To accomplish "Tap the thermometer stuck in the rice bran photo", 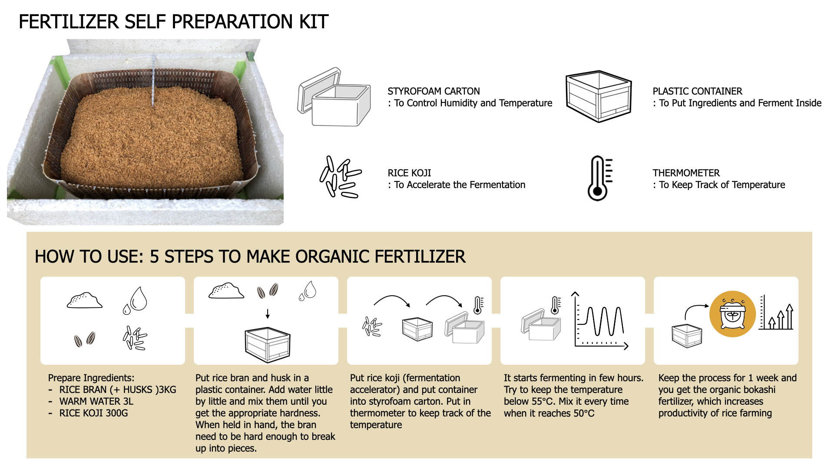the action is coord(153,80).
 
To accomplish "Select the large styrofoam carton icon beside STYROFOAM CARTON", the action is coord(334,97).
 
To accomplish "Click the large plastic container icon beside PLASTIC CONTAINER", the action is coord(599,96).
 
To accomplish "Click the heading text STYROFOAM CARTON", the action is coord(434,91).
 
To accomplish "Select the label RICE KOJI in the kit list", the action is coord(409,173).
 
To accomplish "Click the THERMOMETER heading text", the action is coord(686,173).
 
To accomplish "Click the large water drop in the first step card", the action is coord(139,298).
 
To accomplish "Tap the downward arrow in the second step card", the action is coord(268,314).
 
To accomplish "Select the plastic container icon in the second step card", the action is coord(267,345).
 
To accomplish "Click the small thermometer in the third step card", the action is coord(478,305).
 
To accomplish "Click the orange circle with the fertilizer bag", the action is coord(732,314).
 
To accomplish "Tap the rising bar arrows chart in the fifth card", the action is coord(776,313).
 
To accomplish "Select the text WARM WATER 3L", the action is coord(96,401).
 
